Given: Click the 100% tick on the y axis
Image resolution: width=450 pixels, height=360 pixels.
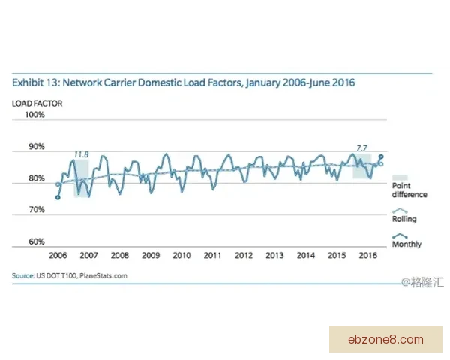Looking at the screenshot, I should (x=36, y=115).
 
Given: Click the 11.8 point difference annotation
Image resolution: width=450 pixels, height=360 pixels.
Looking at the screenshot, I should (x=81, y=154).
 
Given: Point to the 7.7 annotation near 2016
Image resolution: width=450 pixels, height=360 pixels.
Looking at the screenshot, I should (x=361, y=148).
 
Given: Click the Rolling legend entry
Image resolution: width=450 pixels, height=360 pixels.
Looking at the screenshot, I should (x=403, y=219).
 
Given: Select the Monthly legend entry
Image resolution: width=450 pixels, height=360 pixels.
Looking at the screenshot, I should (x=406, y=244).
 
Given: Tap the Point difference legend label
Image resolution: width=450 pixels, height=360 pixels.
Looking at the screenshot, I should (x=409, y=190).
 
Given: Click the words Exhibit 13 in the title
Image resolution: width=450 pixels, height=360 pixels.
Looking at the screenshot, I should (x=34, y=82).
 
